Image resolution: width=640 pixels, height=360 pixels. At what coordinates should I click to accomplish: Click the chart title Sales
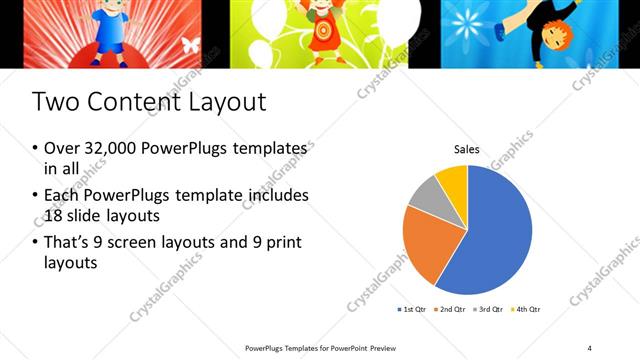(467, 150)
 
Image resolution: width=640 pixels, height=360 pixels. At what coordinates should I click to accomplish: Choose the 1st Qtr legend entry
(414, 310)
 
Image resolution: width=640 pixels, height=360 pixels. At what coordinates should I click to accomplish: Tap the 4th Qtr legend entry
(526, 310)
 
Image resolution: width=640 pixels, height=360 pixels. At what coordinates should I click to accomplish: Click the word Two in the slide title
(55, 102)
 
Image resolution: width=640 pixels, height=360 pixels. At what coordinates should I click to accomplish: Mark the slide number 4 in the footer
(589, 347)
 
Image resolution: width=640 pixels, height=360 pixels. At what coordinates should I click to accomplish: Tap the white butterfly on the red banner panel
(190, 45)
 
